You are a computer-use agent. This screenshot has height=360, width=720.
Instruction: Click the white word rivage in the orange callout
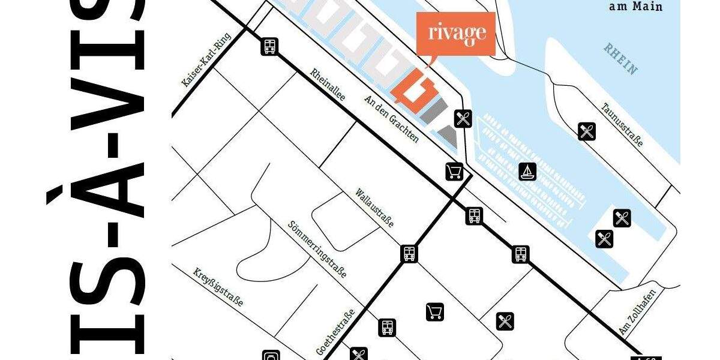tap(457, 34)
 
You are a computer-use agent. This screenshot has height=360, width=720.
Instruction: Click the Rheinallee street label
tap(328, 85)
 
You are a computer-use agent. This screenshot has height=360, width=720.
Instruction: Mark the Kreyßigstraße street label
tap(218, 287)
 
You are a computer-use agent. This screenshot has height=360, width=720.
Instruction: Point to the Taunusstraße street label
tap(622, 125)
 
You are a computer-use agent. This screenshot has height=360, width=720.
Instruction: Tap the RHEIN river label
tap(620, 58)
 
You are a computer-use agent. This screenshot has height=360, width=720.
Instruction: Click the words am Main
tap(635, 7)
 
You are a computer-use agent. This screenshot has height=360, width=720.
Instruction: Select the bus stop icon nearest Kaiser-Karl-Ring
tap(269, 46)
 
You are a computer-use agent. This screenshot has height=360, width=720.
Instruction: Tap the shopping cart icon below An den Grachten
tap(454, 172)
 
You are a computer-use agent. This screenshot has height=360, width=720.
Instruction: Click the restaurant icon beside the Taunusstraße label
tap(587, 131)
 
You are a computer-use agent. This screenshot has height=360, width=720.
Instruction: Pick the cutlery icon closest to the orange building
tap(463, 119)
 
